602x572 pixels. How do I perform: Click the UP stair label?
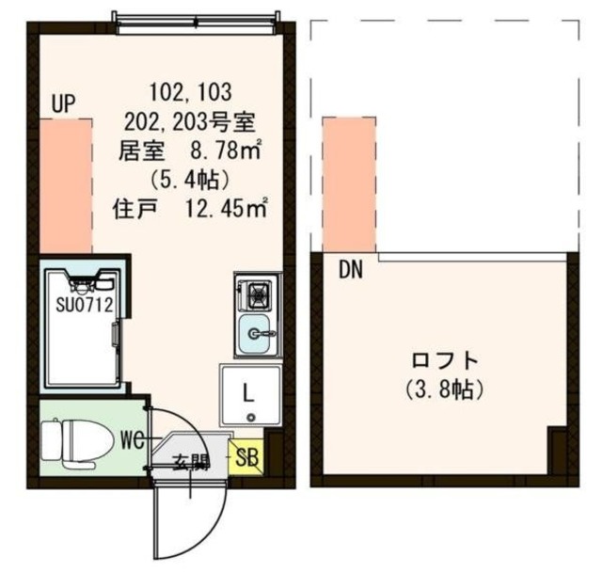(x=64, y=103)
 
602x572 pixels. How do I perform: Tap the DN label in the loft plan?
(x=351, y=270)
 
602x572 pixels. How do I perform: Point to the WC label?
(x=132, y=439)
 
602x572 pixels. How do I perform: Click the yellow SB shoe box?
(x=246, y=458)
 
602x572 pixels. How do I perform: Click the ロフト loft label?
(x=445, y=359)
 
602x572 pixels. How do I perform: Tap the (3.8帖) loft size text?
(x=445, y=387)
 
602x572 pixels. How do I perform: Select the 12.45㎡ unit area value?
(x=226, y=206)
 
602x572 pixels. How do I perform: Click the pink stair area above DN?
(x=348, y=183)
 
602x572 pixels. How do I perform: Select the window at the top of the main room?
(x=195, y=18)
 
